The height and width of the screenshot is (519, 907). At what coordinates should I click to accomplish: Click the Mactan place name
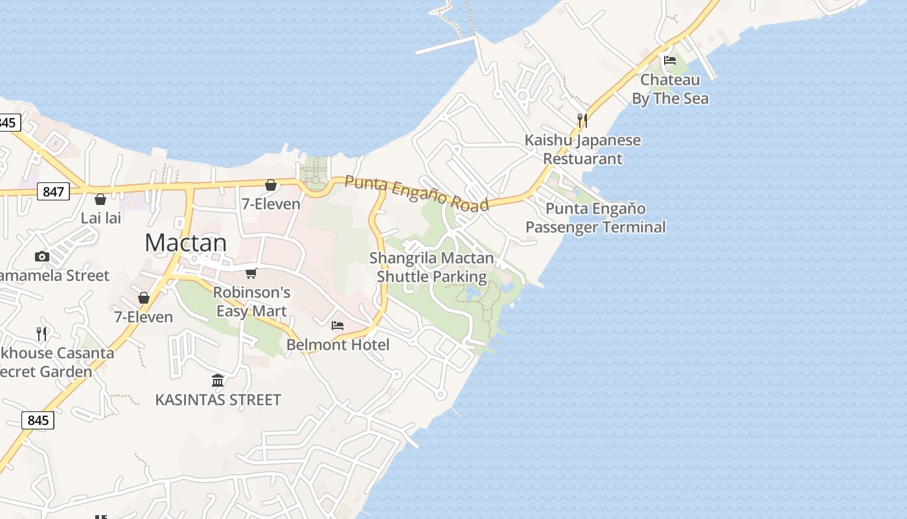click(185, 243)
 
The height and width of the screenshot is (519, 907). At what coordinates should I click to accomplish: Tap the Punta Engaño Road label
click(416, 193)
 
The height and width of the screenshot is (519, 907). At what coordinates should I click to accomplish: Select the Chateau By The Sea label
click(670, 89)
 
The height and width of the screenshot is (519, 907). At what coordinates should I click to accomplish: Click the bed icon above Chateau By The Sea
click(670, 60)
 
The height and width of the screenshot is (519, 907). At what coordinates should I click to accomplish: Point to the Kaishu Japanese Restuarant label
click(582, 149)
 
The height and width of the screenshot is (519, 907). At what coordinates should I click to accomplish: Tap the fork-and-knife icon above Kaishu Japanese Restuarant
click(582, 120)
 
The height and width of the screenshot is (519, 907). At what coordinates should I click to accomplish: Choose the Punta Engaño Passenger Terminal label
click(595, 217)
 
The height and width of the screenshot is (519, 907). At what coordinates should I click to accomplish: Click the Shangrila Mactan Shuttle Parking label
click(431, 267)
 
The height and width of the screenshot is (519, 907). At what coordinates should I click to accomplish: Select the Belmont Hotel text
click(338, 344)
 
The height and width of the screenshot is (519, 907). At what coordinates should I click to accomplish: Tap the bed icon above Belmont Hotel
click(338, 325)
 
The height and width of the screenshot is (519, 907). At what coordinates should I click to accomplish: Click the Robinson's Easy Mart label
click(251, 302)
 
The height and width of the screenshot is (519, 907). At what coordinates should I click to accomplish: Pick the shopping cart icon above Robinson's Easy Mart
click(251, 273)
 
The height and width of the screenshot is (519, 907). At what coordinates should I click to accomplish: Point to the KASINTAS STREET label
click(218, 400)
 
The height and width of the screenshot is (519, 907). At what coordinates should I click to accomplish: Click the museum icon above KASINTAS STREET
click(218, 380)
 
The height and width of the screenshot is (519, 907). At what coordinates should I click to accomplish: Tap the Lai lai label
click(100, 218)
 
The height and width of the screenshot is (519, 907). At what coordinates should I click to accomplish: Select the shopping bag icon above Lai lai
click(100, 199)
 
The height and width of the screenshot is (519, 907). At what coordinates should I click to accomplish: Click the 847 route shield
click(53, 191)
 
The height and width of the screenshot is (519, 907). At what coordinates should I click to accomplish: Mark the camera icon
click(42, 256)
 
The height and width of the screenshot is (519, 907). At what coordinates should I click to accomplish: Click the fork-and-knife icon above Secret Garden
click(42, 334)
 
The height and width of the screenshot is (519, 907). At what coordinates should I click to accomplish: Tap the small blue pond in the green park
click(472, 294)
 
